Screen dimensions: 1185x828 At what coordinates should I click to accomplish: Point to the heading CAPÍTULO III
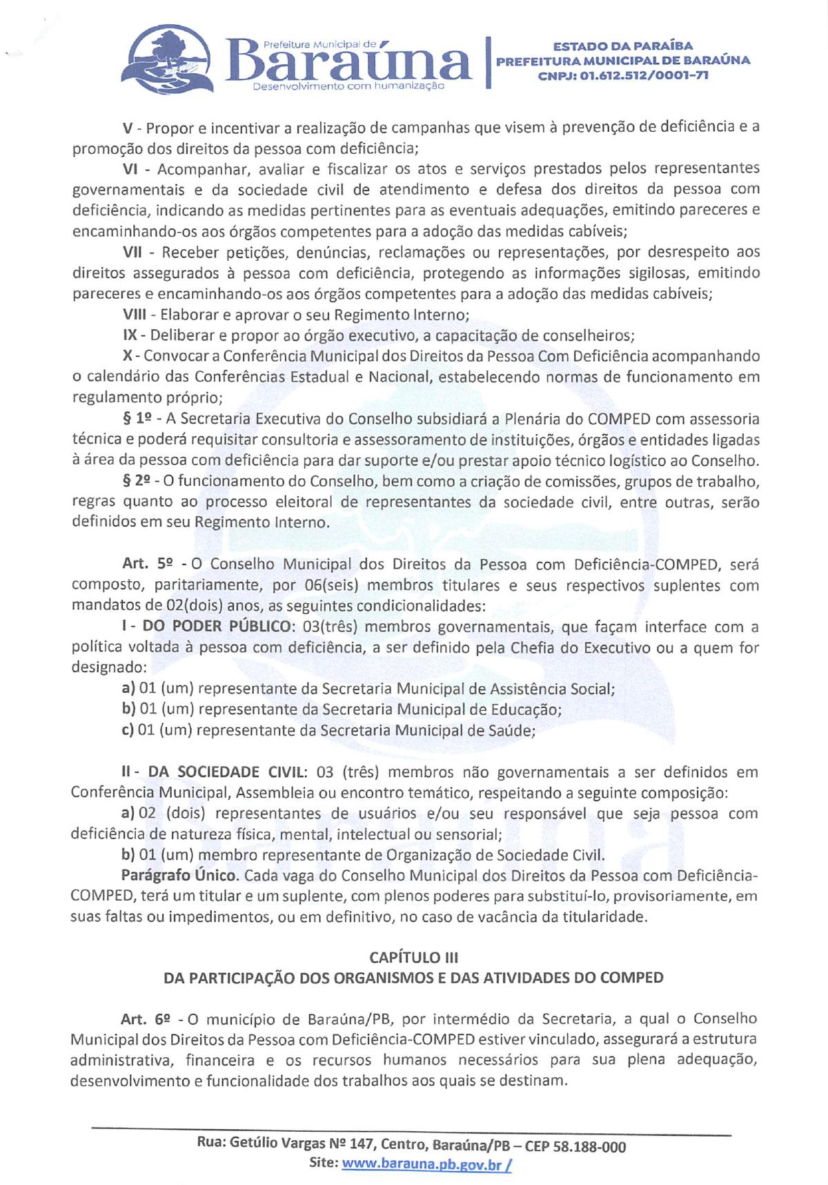click(x=413, y=957)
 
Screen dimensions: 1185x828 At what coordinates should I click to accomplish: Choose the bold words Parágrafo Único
click(x=180, y=876)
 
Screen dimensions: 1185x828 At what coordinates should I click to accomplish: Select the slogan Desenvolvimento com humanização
click(x=349, y=88)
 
